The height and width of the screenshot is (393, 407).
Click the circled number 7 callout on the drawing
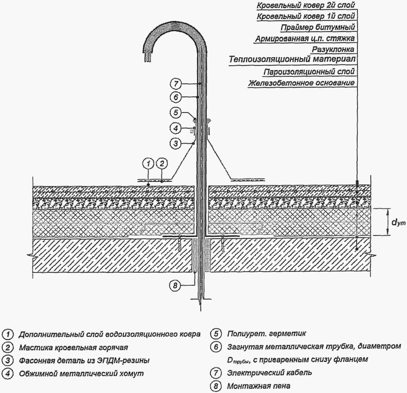click(x=176, y=84)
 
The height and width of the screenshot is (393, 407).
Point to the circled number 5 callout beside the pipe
click(x=176, y=113)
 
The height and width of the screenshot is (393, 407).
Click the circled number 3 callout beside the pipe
click(x=176, y=143)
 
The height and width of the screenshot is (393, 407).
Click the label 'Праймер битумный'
click(x=318, y=27)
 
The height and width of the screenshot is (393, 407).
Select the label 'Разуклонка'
click(x=333, y=49)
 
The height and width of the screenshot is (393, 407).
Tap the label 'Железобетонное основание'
click(x=301, y=83)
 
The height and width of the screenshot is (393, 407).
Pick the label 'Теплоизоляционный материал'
click(x=292, y=59)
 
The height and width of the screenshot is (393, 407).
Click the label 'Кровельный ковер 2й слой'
click(x=306, y=5)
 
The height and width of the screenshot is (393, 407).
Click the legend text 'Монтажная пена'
click(x=258, y=386)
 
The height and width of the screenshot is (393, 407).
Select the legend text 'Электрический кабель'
click(x=269, y=373)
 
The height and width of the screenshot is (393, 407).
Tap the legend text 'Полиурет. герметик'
click(x=266, y=333)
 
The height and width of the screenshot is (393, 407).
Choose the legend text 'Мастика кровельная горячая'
click(x=73, y=348)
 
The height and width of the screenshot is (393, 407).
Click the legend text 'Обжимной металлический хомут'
click(x=81, y=374)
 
